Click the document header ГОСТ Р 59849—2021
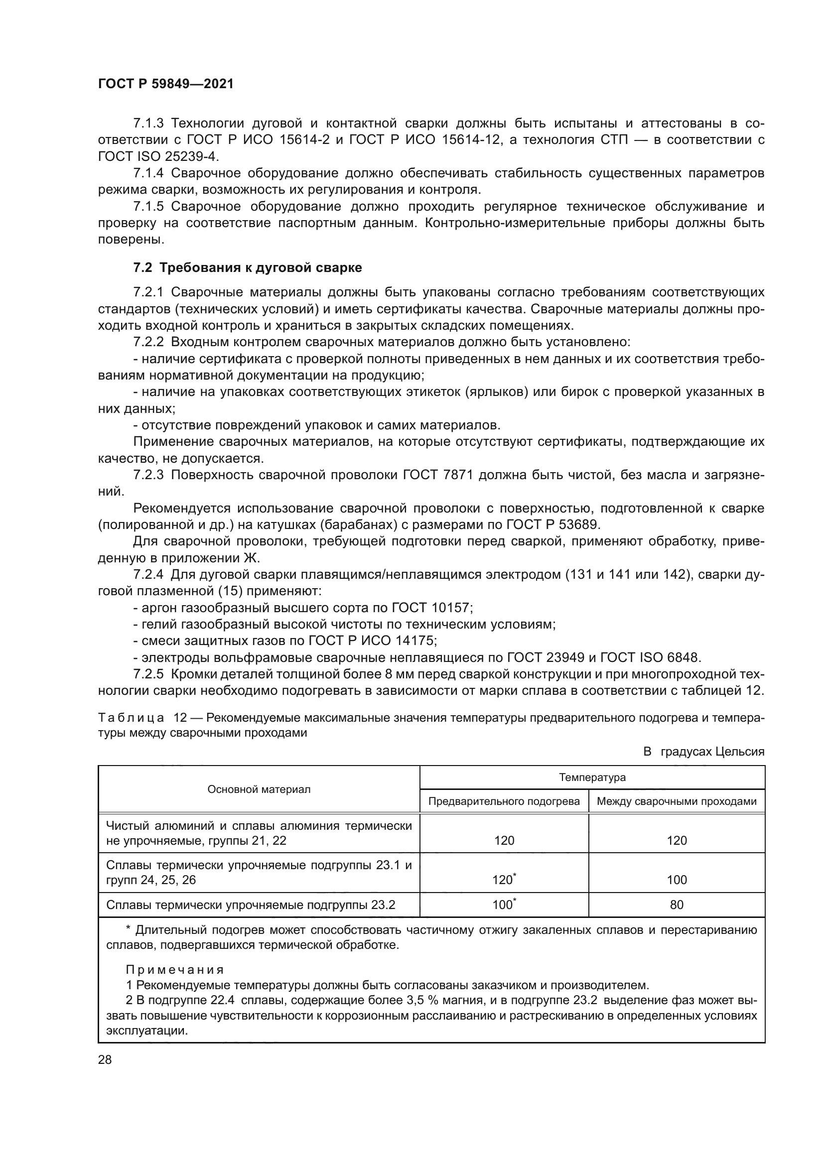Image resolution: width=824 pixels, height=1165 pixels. point(165,84)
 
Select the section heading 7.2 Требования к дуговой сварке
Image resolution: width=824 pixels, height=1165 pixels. point(248,267)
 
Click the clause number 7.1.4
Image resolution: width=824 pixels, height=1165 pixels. point(148,173)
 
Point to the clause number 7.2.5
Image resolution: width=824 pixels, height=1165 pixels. point(148,674)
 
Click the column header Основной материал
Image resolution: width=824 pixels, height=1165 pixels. point(259,789)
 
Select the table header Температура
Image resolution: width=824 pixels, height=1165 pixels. point(592,777)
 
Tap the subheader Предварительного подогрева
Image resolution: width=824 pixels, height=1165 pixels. point(504,801)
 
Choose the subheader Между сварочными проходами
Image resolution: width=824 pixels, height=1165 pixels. point(677,801)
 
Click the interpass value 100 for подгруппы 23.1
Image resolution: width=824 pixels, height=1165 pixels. point(677,880)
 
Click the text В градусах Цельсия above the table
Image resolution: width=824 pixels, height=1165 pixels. point(703,752)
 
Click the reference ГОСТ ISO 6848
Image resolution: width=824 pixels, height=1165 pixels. point(650,657)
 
